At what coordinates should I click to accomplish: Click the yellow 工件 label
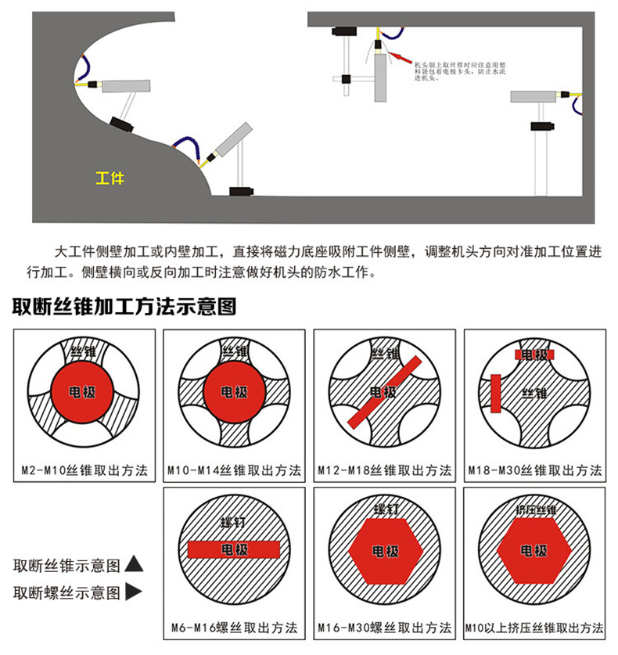click(x=110, y=178)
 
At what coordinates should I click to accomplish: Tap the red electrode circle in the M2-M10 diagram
click(x=83, y=391)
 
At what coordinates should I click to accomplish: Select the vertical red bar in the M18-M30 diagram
click(x=495, y=394)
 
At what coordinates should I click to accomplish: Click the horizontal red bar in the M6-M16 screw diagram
click(x=234, y=550)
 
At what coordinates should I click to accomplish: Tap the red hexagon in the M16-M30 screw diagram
click(x=384, y=551)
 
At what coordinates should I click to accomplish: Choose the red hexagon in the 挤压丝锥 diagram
click(x=534, y=551)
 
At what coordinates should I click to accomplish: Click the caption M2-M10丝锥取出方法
click(x=83, y=470)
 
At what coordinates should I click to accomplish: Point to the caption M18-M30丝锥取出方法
click(x=534, y=470)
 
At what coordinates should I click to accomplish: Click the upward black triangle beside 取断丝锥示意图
click(x=134, y=563)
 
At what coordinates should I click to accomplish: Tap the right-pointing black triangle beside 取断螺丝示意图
click(x=134, y=592)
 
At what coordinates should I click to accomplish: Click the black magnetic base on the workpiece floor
click(x=242, y=190)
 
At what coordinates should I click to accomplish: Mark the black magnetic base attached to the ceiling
click(x=342, y=32)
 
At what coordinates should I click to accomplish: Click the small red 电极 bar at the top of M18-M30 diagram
click(x=534, y=354)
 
